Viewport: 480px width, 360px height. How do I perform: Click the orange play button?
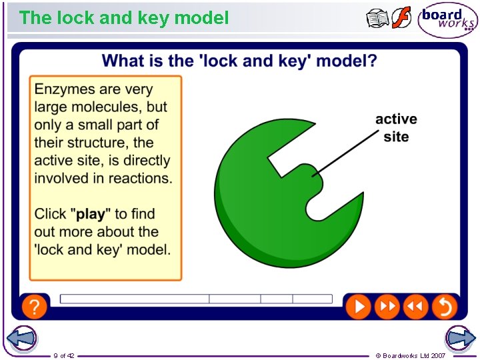pos(358,307)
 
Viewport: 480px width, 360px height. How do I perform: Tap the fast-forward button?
pos(387,307)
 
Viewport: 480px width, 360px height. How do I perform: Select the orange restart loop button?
pos(444,307)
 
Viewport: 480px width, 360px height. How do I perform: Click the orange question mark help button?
pos(34,307)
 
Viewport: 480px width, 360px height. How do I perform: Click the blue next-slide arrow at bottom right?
pos(461,339)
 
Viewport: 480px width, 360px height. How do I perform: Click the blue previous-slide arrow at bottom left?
pos(21,339)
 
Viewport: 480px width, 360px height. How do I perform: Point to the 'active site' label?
pos(396,127)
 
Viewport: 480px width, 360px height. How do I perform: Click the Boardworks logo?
pos(447,20)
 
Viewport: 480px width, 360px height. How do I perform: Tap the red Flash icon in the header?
pos(401,18)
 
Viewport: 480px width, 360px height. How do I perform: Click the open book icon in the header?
pos(377,19)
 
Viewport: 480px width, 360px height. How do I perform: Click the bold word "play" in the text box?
pos(91,214)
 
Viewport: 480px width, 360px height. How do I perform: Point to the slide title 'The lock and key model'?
pos(124,18)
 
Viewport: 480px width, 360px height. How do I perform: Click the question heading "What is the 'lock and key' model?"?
pos(239,61)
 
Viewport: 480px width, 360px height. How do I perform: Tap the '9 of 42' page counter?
pos(64,355)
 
